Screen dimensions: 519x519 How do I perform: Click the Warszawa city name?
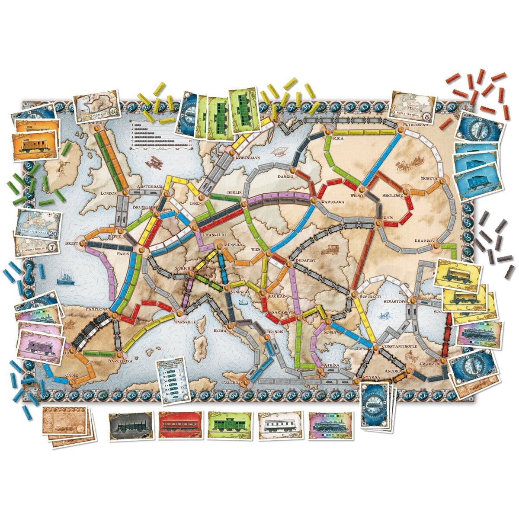tap(333, 202)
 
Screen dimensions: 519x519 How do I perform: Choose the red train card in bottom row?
tap(179, 426)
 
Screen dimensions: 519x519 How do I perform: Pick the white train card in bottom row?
tap(279, 426)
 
